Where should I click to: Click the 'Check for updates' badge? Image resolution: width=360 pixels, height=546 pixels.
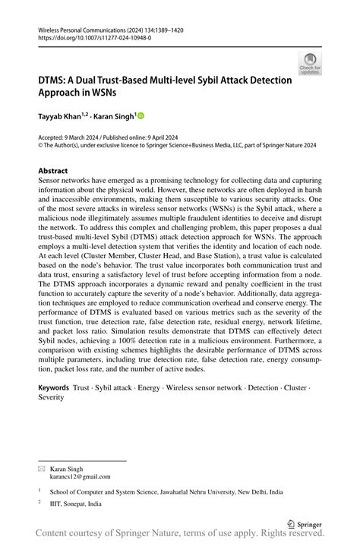[x=310, y=65]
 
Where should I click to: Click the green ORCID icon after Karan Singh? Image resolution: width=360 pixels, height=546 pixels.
[x=141, y=116]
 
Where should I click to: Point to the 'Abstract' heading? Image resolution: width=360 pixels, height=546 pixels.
[x=53, y=171]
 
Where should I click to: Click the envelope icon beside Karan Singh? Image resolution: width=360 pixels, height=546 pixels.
[x=42, y=469]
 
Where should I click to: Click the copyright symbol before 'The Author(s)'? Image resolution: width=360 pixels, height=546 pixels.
[x=41, y=144]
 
